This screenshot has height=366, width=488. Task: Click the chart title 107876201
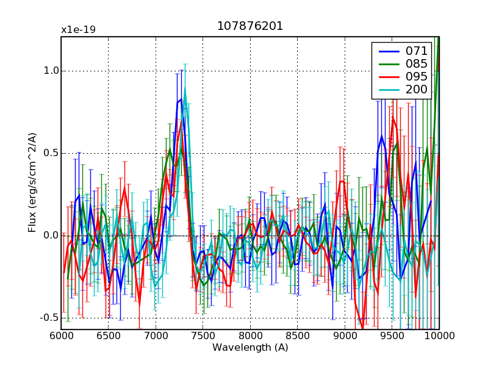[x=250, y=26]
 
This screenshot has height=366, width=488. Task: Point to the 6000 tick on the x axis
[x=61, y=336]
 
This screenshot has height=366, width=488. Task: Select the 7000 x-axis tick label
[x=156, y=336]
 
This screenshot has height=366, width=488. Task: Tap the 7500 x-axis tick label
[x=203, y=336]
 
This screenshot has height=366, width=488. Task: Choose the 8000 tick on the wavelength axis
[x=250, y=336]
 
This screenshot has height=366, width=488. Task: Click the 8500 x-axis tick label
[x=297, y=336]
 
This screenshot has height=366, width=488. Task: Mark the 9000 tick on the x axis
[x=345, y=336]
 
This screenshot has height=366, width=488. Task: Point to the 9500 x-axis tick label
[x=392, y=336]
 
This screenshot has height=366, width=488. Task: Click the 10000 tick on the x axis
[x=438, y=336]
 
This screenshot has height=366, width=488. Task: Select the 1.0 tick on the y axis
[x=51, y=70]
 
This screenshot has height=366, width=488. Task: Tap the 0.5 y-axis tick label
[x=51, y=152]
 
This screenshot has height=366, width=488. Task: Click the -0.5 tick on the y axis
[x=49, y=318]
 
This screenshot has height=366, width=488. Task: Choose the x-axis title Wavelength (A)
[x=250, y=348]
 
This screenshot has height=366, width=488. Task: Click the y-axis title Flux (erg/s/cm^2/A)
[x=32, y=183]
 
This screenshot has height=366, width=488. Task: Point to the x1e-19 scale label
[x=78, y=29]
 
